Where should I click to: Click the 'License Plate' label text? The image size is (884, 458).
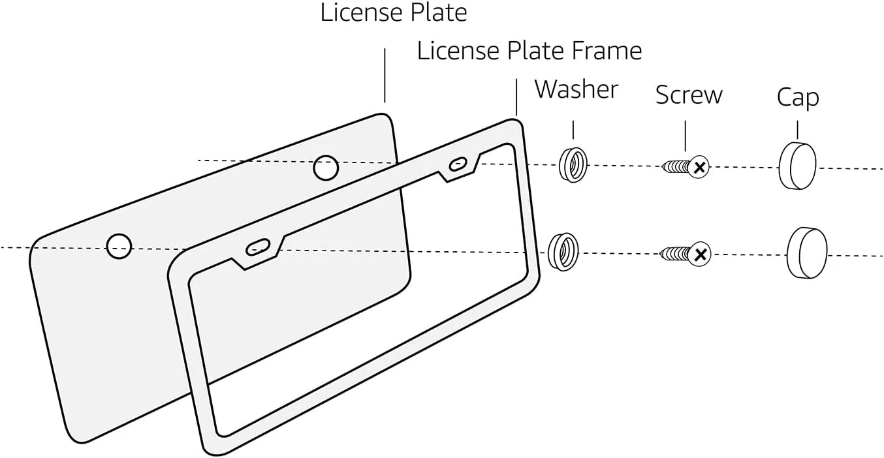[393, 12]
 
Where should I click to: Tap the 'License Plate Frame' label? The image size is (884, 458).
[529, 51]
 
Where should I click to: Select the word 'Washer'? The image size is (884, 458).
[576, 89]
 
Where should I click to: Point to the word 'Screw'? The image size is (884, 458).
[689, 95]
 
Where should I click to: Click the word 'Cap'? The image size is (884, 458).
[797, 98]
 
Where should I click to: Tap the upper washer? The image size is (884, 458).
[573, 164]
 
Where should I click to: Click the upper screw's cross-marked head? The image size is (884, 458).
[699, 167]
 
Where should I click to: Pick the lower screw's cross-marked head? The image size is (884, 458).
[699, 254]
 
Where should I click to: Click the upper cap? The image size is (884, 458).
[797, 166]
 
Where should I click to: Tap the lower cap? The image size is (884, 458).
[807, 252]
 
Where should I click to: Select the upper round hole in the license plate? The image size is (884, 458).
[326, 168]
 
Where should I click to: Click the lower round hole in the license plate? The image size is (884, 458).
[119, 247]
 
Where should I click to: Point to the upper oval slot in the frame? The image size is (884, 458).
[458, 164]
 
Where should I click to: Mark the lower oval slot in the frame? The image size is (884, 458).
[257, 247]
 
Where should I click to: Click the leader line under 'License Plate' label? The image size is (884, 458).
[385, 75]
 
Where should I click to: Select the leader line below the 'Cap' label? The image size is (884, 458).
[797, 129]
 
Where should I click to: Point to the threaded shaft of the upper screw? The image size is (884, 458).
[675, 168]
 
